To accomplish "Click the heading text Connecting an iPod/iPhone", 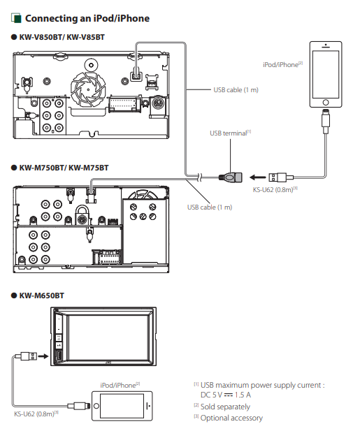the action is coord(87,18).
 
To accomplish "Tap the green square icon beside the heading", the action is coord(17,18).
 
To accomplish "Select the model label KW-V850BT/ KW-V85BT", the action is coord(62,37).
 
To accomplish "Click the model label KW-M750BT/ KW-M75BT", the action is coord(64,168).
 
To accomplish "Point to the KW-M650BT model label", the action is coord(41,295).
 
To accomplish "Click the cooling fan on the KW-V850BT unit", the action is coord(88,89).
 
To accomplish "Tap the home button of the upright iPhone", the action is coord(326,102).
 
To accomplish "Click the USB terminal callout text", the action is coord(229,133).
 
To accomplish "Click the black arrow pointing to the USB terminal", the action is coord(258,177).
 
